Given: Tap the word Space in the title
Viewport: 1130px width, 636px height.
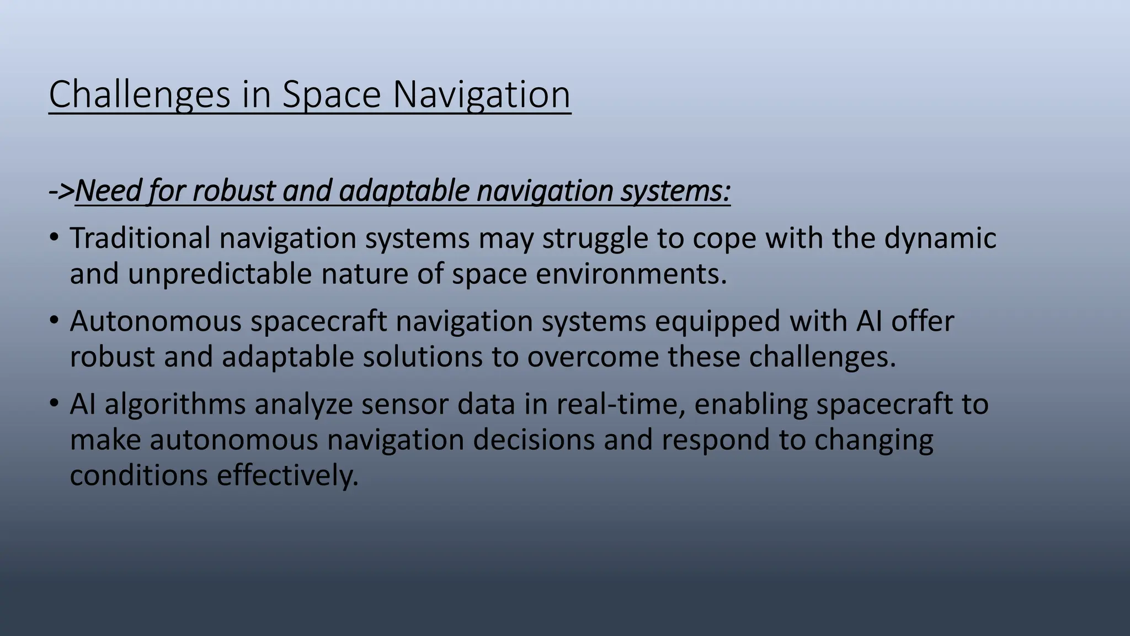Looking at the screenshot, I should pyautogui.click(x=332, y=95).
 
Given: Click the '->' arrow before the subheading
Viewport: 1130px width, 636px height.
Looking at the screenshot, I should pyautogui.click(x=61, y=191).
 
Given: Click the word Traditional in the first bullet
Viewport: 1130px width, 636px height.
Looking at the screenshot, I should pyautogui.click(x=140, y=239).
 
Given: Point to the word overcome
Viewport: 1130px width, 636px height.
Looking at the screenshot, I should pyautogui.click(x=593, y=357).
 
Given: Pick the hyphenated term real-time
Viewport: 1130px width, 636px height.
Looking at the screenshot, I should pyautogui.click(x=620, y=405).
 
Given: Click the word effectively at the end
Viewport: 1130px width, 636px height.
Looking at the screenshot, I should pyautogui.click(x=287, y=476).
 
